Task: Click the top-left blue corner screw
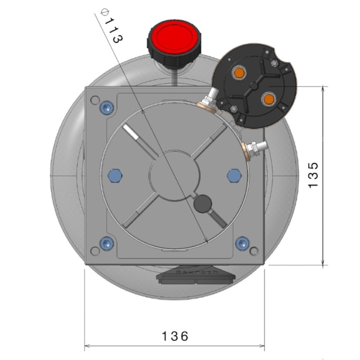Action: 107,108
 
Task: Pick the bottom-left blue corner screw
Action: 107,243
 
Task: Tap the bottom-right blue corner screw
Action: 242,243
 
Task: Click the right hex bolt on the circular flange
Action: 235,175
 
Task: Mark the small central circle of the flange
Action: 174,175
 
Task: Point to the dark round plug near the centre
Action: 203,205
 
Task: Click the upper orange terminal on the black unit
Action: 239,73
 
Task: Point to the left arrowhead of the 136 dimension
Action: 86,346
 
